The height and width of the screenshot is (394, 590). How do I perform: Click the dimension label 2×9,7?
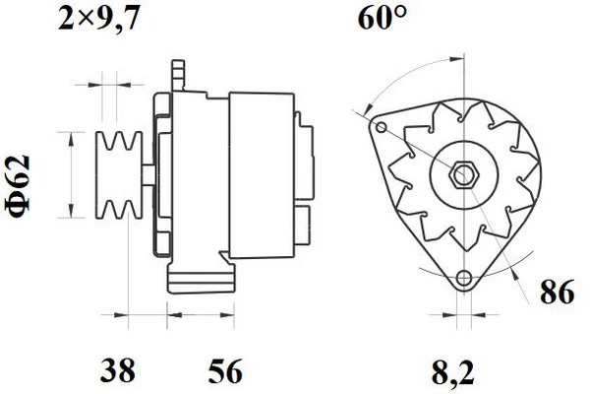[99, 19]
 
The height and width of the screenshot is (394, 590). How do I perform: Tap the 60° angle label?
[382, 18]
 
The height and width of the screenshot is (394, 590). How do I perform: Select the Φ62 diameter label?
[18, 186]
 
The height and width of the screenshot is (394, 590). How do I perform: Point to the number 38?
[117, 370]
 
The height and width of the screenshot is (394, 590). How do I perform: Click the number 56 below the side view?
[225, 370]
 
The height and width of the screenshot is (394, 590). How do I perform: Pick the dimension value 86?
[558, 292]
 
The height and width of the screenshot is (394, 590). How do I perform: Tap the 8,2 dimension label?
[452, 371]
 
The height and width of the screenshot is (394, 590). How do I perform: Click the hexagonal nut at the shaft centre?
[463, 175]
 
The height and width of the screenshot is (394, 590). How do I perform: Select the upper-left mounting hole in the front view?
[382, 127]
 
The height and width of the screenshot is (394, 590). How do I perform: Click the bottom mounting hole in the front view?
[463, 278]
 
